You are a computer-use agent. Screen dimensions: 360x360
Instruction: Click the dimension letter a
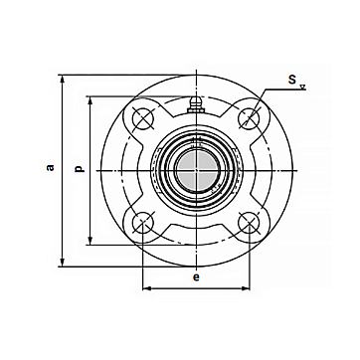(x=51, y=167)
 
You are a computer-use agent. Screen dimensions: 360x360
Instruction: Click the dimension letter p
(x=80, y=168)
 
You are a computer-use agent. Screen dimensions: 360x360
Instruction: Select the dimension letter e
(x=196, y=277)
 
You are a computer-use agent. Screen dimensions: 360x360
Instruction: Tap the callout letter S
(x=292, y=80)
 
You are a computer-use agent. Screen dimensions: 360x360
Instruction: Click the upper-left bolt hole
(x=143, y=118)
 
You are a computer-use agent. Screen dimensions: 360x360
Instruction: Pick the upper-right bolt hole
(x=250, y=118)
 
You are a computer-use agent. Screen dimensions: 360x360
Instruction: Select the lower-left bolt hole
(x=143, y=223)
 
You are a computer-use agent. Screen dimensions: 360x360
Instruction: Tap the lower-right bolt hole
(x=250, y=223)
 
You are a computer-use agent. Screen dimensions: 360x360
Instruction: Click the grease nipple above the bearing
(x=196, y=105)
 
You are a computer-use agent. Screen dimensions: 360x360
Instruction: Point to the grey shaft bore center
(x=196, y=170)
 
